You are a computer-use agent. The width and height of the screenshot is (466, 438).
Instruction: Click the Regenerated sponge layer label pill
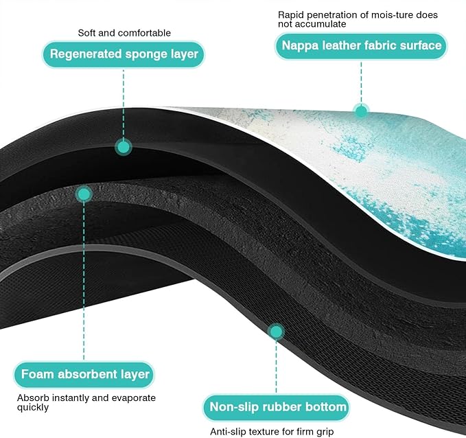coord(124,54)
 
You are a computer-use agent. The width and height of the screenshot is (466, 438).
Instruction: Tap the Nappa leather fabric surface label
coord(361,46)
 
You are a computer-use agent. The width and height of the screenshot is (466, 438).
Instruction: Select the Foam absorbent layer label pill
coord(84,374)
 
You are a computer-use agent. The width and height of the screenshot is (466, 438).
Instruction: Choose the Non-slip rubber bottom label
coord(276,407)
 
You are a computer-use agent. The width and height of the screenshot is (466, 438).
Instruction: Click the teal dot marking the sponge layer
coord(124,147)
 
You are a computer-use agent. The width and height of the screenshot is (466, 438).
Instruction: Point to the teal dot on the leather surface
coord(362,111)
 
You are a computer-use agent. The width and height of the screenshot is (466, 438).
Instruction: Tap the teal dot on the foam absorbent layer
coord(84,194)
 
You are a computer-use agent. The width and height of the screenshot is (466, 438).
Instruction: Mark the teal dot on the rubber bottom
coord(276,332)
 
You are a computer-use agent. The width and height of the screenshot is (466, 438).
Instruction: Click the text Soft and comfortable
coord(124,33)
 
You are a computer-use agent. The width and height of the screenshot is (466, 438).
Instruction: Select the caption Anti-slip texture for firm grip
coord(272,431)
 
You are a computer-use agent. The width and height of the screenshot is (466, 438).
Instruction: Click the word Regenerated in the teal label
coord(86,54)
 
